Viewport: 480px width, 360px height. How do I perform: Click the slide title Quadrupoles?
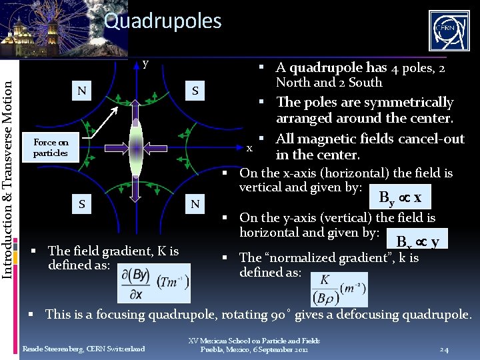(x=163, y=21)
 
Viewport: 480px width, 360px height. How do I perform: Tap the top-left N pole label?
(x=81, y=90)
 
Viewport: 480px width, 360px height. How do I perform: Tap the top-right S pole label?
(x=195, y=90)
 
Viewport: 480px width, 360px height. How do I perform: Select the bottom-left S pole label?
(x=81, y=204)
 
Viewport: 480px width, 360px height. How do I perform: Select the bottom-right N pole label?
(x=195, y=204)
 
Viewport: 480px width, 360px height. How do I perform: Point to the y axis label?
(x=145, y=65)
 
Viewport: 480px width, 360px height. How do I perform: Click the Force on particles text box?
(x=51, y=147)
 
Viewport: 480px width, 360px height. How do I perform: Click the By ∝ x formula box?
(x=400, y=197)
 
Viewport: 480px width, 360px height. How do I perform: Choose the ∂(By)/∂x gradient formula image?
(x=154, y=283)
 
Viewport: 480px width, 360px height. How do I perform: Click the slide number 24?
(x=445, y=349)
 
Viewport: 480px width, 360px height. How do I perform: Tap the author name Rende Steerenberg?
(x=84, y=349)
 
